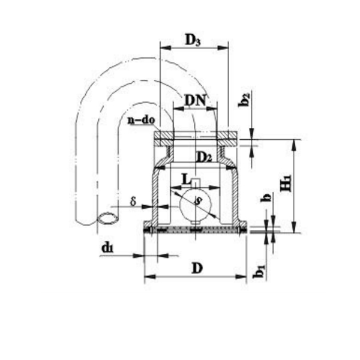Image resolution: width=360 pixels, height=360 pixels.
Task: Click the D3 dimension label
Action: [193, 40]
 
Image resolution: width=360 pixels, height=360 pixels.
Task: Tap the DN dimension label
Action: [195, 100]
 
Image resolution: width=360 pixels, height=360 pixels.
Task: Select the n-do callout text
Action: [141, 120]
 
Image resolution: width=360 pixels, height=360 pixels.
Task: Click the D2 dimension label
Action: [205, 157]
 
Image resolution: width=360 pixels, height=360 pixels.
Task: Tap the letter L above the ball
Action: [187, 179]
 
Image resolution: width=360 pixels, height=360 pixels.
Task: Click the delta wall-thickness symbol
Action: [133, 202]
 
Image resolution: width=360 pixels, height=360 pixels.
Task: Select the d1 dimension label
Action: [107, 248]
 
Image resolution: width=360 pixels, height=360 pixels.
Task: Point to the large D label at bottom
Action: [197, 268]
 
